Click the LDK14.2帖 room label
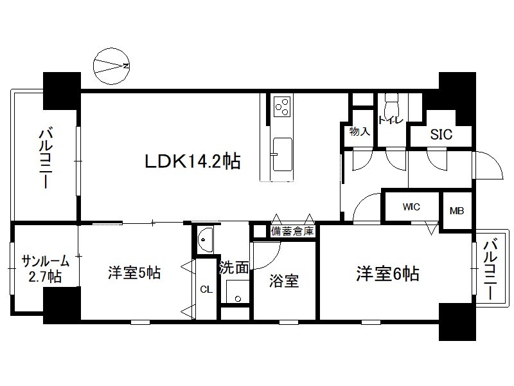(193, 161)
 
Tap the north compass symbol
(111, 66)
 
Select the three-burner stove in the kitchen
(282, 107)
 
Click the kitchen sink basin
(282, 154)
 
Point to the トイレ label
(391, 120)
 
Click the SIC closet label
(441, 134)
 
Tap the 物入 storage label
(360, 131)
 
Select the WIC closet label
(411, 207)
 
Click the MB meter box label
(457, 211)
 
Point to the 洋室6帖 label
(387, 273)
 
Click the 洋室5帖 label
(134, 273)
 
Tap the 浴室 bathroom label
(284, 281)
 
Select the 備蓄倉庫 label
(292, 231)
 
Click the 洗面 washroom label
(234, 268)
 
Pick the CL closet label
(206, 289)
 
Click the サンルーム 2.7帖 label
(45, 269)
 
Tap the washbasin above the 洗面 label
(205, 239)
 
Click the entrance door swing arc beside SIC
(489, 165)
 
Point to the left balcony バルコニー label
(46, 159)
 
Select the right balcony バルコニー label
(491, 270)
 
